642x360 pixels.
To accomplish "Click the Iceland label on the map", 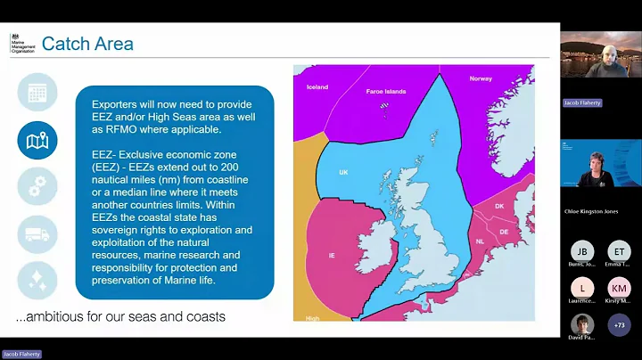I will pos(317,87).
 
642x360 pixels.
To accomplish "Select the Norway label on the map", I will pos(481,79).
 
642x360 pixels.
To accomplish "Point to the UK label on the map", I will pos(343,172).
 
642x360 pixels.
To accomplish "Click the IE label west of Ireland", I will pos(331,255).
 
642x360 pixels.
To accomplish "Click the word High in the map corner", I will pos(313,317).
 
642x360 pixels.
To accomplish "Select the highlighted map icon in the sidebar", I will pos(37,140).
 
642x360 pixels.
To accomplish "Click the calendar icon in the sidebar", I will pos(37,93).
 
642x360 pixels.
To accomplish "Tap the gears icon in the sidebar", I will pos(37,186).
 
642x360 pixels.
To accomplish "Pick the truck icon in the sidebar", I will pos(37,233).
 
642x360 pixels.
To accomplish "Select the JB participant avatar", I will pos(582,252).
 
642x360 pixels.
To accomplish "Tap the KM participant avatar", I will pos(619,288).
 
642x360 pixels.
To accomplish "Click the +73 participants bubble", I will pos(619,325).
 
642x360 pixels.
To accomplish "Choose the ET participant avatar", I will pos(619,252).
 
